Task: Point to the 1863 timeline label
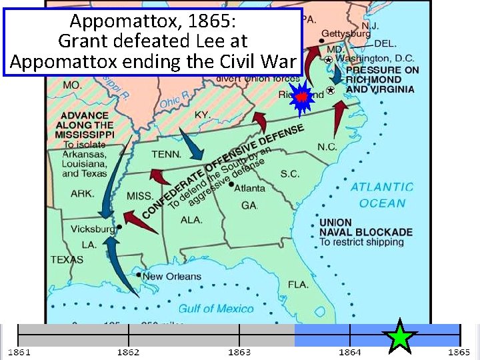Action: [x=239, y=351]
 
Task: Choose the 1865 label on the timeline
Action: [x=459, y=351]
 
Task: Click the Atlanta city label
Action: [x=249, y=187]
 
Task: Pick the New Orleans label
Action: [x=171, y=276]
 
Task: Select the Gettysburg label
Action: [x=346, y=33]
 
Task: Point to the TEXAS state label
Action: [x=66, y=259]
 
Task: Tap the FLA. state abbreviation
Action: [x=298, y=285]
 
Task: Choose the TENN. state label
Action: [x=166, y=154]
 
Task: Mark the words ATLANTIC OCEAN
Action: [x=382, y=195]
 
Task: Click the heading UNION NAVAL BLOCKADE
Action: [x=365, y=227]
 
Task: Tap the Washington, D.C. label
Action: [x=377, y=58]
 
